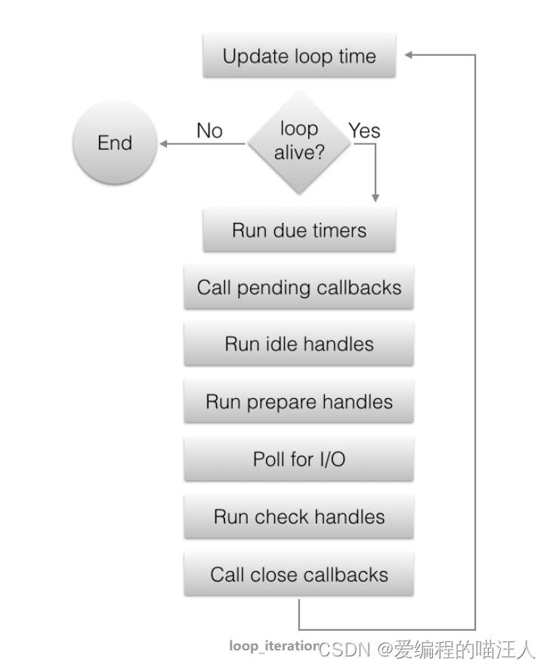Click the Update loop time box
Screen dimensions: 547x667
point(299,56)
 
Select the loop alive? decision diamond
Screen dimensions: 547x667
point(299,143)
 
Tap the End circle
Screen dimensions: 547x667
point(115,143)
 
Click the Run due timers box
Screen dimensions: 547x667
point(299,230)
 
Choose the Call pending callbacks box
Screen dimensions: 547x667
point(299,287)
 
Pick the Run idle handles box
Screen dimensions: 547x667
point(299,344)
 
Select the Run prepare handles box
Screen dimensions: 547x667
point(299,402)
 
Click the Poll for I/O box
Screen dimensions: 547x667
point(299,459)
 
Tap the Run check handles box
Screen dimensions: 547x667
point(299,517)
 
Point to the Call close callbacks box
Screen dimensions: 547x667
point(299,575)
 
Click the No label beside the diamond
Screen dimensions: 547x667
point(210,131)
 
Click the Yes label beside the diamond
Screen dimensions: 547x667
point(364,131)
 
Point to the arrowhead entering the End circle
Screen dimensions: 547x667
point(163,144)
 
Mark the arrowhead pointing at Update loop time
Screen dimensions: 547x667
point(408,55)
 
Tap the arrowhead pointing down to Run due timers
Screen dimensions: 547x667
point(375,198)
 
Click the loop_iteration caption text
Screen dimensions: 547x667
point(275,646)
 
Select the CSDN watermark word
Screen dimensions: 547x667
point(345,650)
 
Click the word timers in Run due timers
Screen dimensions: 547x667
point(339,230)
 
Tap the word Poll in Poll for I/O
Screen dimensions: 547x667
point(269,459)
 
